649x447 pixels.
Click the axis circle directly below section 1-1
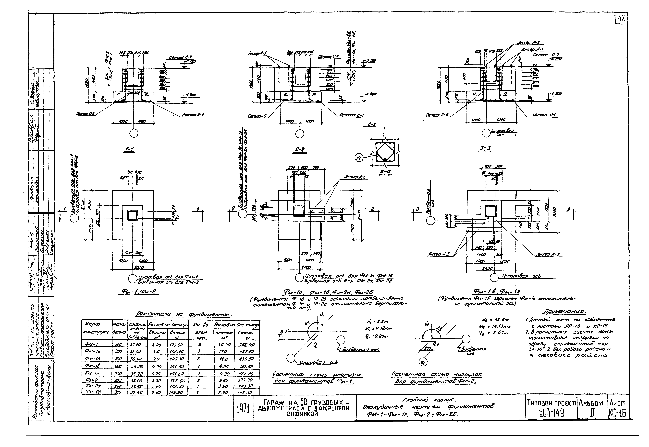pyautogui.click(x=134, y=133)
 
